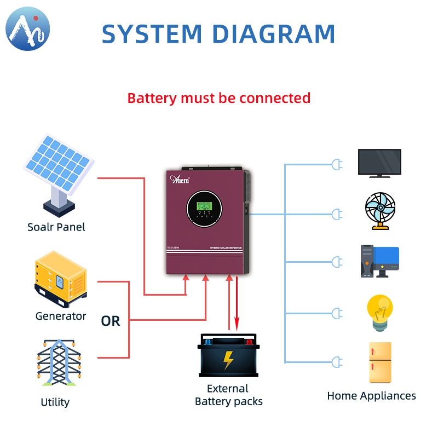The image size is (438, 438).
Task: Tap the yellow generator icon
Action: pos(60,279)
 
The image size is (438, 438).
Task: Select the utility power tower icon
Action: pos(59,362)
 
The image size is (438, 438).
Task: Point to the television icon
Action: pos(379,163)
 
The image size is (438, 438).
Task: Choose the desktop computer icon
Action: pos(379,261)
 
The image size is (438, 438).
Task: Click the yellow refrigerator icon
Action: pos(380,362)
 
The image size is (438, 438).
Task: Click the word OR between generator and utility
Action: pos(110,321)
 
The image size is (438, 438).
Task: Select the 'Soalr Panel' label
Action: pos(56,227)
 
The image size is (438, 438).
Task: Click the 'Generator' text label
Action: pos(61,316)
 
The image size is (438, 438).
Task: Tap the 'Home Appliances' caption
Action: pos(371,396)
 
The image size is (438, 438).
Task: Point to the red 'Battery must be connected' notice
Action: pos(219,99)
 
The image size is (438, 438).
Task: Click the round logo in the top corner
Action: pos(27,28)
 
